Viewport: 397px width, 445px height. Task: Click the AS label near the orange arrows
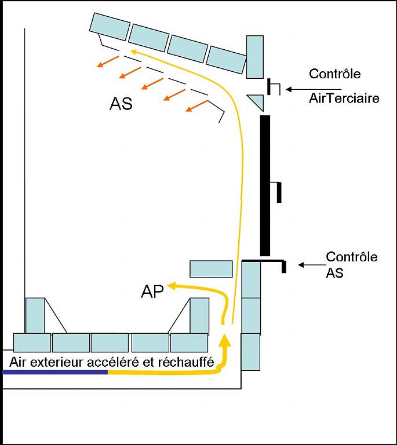pos(121,104)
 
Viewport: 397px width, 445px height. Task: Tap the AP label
pos(152,291)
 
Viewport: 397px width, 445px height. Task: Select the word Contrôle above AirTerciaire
pos(334,74)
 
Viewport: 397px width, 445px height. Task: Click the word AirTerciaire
pos(344,98)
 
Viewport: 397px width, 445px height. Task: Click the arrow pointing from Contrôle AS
pos(309,265)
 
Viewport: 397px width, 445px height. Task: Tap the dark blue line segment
pos(55,372)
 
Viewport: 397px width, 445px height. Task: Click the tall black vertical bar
pos(265,185)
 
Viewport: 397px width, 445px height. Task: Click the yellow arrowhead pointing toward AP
pos(172,285)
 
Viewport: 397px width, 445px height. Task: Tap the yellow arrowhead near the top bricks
pos(134,51)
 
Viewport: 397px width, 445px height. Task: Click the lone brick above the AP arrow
pos(211,269)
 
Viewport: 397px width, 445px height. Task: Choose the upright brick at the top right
pos(255,56)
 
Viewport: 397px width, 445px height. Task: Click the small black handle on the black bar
pos(278,191)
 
